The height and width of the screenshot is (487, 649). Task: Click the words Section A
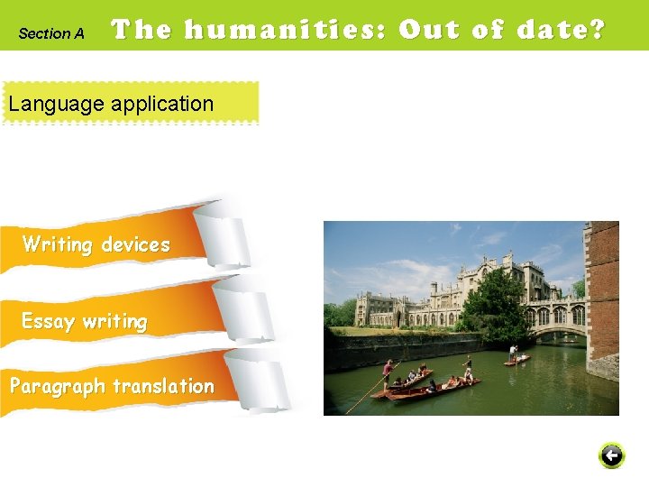[51, 33]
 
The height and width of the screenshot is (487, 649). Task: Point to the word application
[162, 104]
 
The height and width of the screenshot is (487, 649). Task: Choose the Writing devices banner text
[96, 244]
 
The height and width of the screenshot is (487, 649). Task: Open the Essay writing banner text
[84, 321]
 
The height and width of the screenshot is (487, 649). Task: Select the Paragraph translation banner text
[112, 386]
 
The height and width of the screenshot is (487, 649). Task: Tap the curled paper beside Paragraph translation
[257, 379]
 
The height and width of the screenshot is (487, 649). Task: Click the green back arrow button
[611, 455]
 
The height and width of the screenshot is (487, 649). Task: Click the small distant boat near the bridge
[517, 359]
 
